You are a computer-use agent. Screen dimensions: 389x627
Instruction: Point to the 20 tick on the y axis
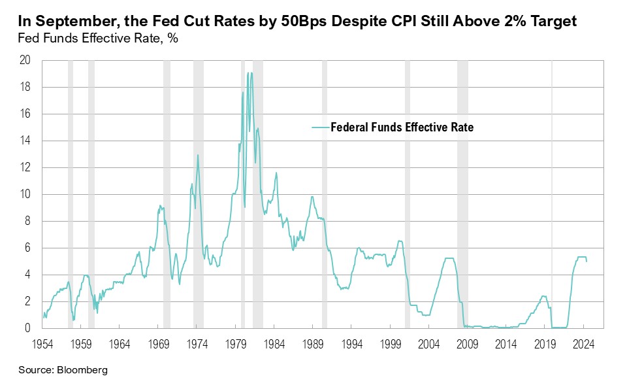(25, 61)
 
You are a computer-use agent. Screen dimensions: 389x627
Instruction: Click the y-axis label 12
(25, 168)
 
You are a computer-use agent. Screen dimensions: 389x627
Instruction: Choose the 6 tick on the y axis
(28, 248)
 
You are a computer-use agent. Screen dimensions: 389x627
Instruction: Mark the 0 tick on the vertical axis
(28, 329)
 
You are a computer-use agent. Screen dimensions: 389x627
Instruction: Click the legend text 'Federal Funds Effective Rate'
(402, 127)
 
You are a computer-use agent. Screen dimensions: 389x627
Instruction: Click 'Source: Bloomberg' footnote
(63, 370)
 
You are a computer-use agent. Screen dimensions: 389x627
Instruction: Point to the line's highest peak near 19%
(249, 73)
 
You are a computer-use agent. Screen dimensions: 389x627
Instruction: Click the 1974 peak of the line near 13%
(198, 155)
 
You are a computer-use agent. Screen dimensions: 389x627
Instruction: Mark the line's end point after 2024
(587, 262)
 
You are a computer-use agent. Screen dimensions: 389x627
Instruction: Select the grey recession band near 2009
(462, 196)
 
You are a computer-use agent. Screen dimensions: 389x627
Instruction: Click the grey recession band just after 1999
(408, 196)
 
